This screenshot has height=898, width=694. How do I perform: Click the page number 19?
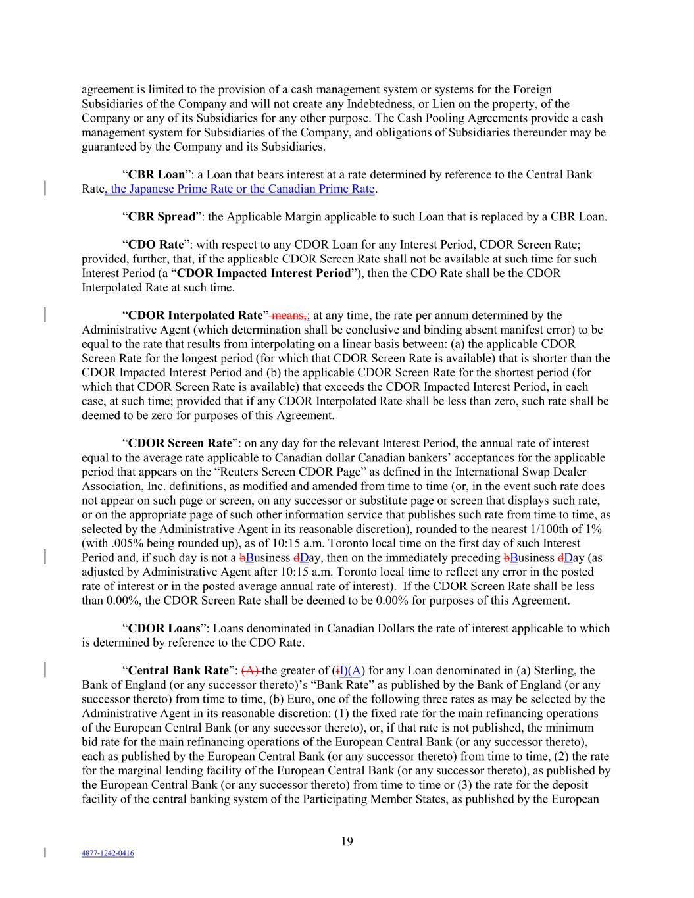coord(347,841)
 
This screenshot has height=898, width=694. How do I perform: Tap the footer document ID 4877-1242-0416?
coord(107,853)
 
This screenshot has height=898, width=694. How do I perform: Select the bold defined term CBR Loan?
coord(157,175)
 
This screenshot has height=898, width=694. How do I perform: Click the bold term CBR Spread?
coord(162,217)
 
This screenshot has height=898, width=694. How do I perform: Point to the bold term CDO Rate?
coord(155,245)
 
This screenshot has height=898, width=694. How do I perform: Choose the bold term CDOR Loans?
coord(164,628)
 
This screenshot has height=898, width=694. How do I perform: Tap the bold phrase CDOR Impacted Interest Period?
coord(264,273)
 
